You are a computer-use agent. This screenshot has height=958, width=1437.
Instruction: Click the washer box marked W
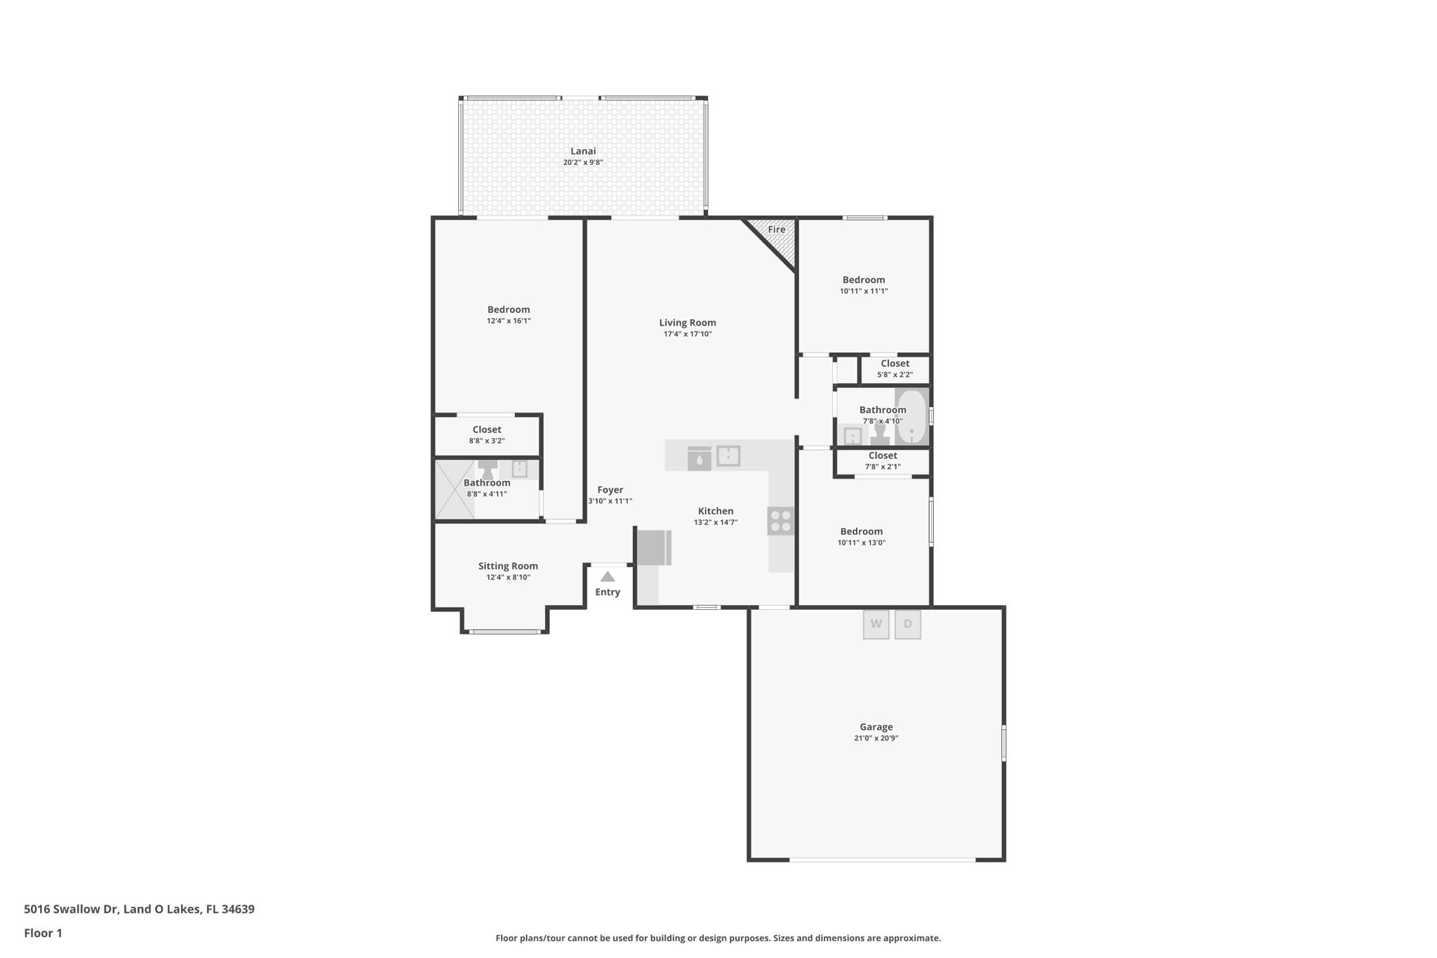tap(876, 624)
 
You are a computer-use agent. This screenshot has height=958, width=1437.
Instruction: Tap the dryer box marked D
tap(907, 624)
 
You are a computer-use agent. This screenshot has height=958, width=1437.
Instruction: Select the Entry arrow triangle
tap(608, 577)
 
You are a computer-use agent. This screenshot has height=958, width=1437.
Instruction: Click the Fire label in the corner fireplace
tap(776, 229)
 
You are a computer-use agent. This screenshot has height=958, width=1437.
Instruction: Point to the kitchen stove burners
tap(781, 521)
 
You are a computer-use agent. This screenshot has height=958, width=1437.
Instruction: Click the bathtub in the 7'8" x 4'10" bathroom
tap(911, 417)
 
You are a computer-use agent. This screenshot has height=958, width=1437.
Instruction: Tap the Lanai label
tap(583, 151)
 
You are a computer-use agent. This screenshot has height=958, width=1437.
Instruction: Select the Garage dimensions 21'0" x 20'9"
tap(876, 738)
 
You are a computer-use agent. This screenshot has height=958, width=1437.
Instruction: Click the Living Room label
tap(687, 323)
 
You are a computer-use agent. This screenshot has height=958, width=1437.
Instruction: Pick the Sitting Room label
tap(508, 566)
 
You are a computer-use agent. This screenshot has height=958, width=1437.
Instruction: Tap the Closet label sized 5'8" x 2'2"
tap(895, 364)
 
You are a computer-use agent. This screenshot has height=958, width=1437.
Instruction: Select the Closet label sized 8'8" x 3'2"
tap(486, 430)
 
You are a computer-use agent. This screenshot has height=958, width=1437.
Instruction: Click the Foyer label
tap(610, 490)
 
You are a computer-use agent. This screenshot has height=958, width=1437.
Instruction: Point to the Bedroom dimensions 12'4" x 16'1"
tap(509, 321)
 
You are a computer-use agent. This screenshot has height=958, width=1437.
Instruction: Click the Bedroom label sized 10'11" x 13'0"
tap(861, 531)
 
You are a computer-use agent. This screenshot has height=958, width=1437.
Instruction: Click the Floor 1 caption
tap(43, 933)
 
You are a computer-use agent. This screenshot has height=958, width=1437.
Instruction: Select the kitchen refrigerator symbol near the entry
tap(653, 547)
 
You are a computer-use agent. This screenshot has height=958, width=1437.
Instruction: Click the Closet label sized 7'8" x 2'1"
tap(882, 455)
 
